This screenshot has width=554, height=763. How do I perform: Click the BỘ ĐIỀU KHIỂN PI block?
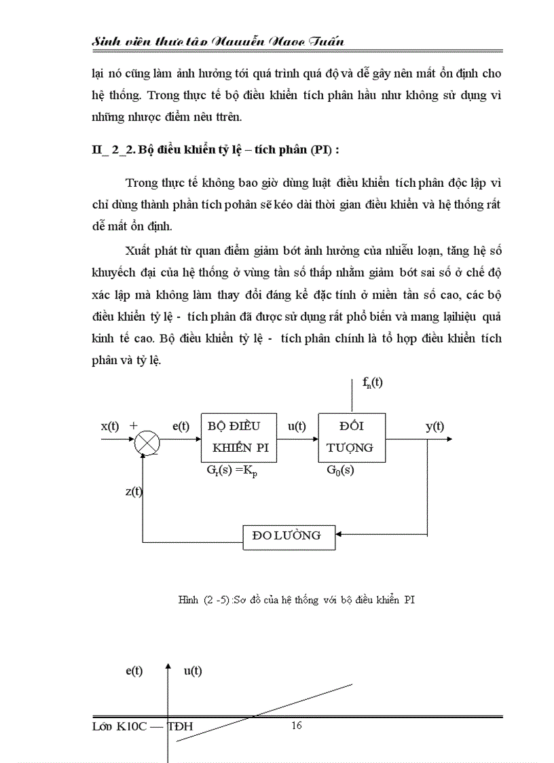239,437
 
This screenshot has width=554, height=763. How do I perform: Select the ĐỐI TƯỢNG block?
352,437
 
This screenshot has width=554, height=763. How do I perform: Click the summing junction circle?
147,444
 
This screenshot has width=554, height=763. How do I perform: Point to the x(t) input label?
110,426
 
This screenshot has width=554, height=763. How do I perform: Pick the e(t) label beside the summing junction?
181,426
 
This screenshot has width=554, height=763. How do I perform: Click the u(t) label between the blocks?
297,426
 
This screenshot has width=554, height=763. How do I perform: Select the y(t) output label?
435,426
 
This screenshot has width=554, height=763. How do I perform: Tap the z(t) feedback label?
134,491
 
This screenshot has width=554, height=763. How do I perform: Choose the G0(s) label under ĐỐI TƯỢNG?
340,470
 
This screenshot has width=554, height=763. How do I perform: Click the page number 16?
297,726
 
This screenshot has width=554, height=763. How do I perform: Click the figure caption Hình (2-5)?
296,599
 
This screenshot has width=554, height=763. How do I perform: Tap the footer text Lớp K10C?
143,726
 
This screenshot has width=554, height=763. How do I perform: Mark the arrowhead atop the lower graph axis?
168,671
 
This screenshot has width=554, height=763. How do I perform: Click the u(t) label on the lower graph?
193,671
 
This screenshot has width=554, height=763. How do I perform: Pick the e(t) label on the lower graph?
134,671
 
